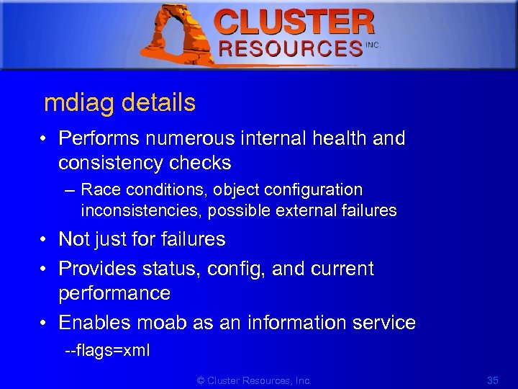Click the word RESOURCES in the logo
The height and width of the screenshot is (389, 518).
(291, 49)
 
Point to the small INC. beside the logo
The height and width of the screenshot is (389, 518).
(373, 45)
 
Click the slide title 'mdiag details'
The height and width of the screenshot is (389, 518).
(119, 103)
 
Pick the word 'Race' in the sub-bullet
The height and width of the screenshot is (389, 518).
(98, 189)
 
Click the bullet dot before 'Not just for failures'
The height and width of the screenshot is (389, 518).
(45, 239)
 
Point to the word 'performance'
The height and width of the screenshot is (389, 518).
(114, 294)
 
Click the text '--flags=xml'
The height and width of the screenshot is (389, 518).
(107, 352)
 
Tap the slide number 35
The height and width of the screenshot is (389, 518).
(493, 380)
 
